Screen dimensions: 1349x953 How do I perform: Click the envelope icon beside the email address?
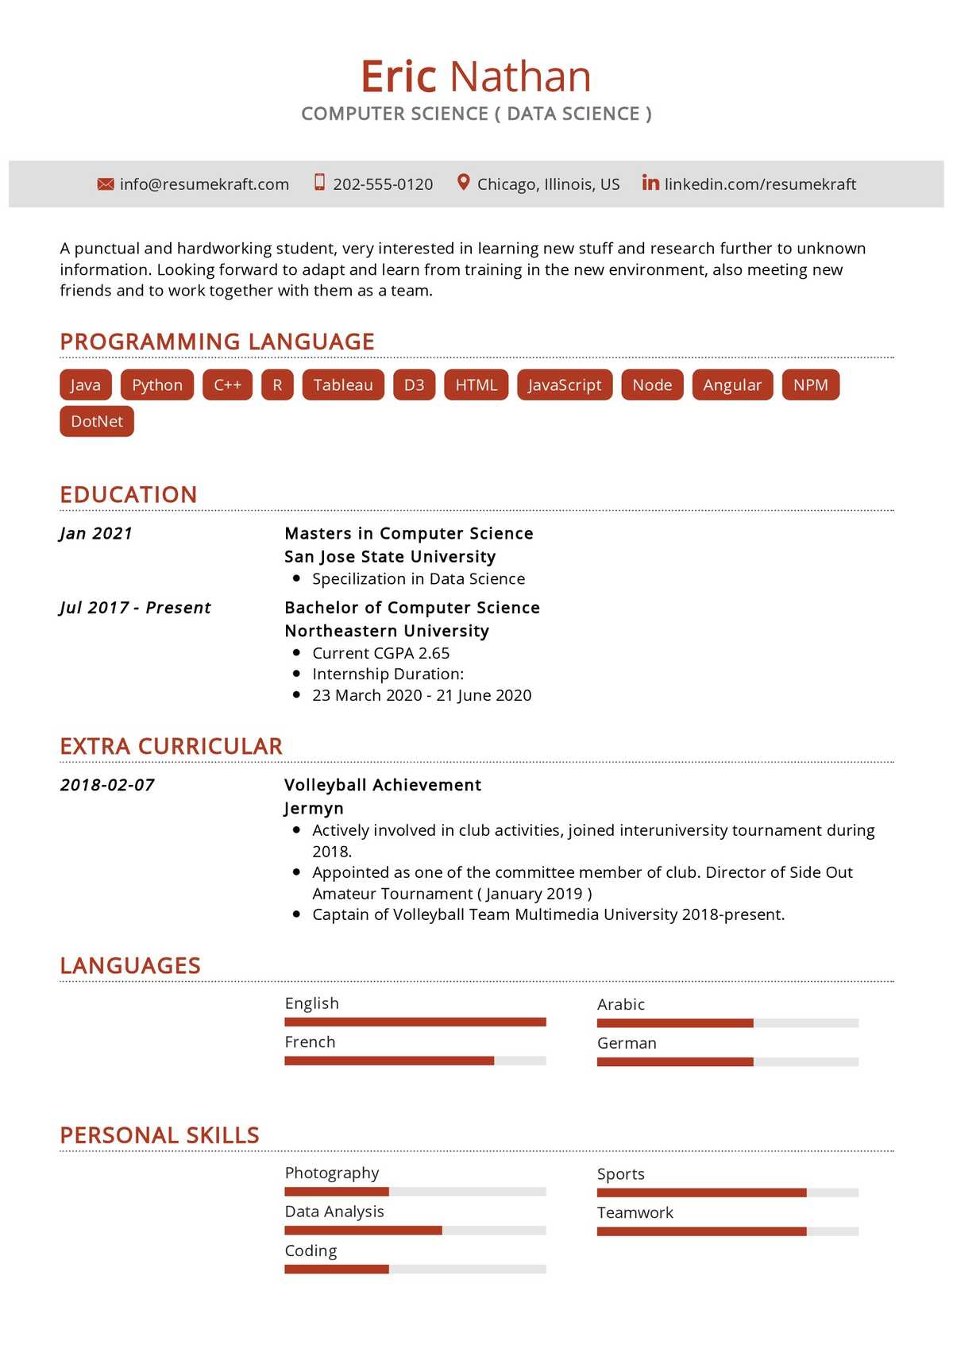pos(106,184)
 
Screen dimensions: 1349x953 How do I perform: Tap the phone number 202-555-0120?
pos(383,184)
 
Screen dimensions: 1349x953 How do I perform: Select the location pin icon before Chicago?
pos(464,183)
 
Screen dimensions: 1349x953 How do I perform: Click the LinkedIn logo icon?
pos(650,183)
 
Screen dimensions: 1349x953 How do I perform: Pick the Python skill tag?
pos(157,385)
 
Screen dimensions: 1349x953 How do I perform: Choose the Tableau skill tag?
pos(343,385)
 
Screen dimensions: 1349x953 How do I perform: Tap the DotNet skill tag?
pos(97,422)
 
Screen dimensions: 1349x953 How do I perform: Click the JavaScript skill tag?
pos(565,385)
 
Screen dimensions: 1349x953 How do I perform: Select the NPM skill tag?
pos(810,385)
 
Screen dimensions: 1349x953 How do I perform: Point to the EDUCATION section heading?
pos(129,495)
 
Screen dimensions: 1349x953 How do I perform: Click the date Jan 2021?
pos(96,534)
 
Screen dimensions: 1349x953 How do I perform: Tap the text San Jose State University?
pos(390,557)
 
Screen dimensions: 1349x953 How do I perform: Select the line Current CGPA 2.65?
pos(380,653)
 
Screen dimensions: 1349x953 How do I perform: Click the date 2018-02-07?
pos(107,786)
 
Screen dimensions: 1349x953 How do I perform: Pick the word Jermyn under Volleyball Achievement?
pos(314,809)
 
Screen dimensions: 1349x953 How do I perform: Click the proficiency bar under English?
pos(415,1022)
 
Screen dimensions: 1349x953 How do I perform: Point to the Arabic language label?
pos(620,1005)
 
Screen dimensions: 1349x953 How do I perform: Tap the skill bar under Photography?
pos(415,1192)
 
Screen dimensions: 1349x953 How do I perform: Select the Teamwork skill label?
pos(635,1213)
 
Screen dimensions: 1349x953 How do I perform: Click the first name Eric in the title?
pos(399,77)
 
